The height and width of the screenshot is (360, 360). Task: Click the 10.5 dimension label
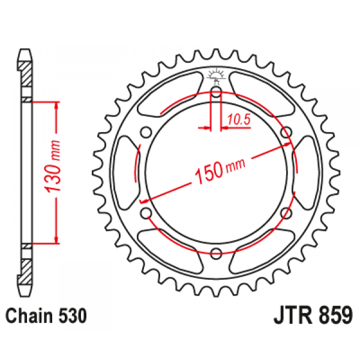click(239, 120)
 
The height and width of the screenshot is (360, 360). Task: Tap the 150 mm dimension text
click(220, 169)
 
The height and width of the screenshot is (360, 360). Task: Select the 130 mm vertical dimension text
click(53, 166)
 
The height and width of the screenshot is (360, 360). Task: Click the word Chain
click(29, 316)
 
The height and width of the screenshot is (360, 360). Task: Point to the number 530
click(73, 316)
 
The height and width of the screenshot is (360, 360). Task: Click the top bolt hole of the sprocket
click(215, 92)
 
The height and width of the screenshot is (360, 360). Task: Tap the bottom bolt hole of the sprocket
click(216, 253)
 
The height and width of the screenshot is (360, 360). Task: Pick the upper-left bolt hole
click(146, 133)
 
